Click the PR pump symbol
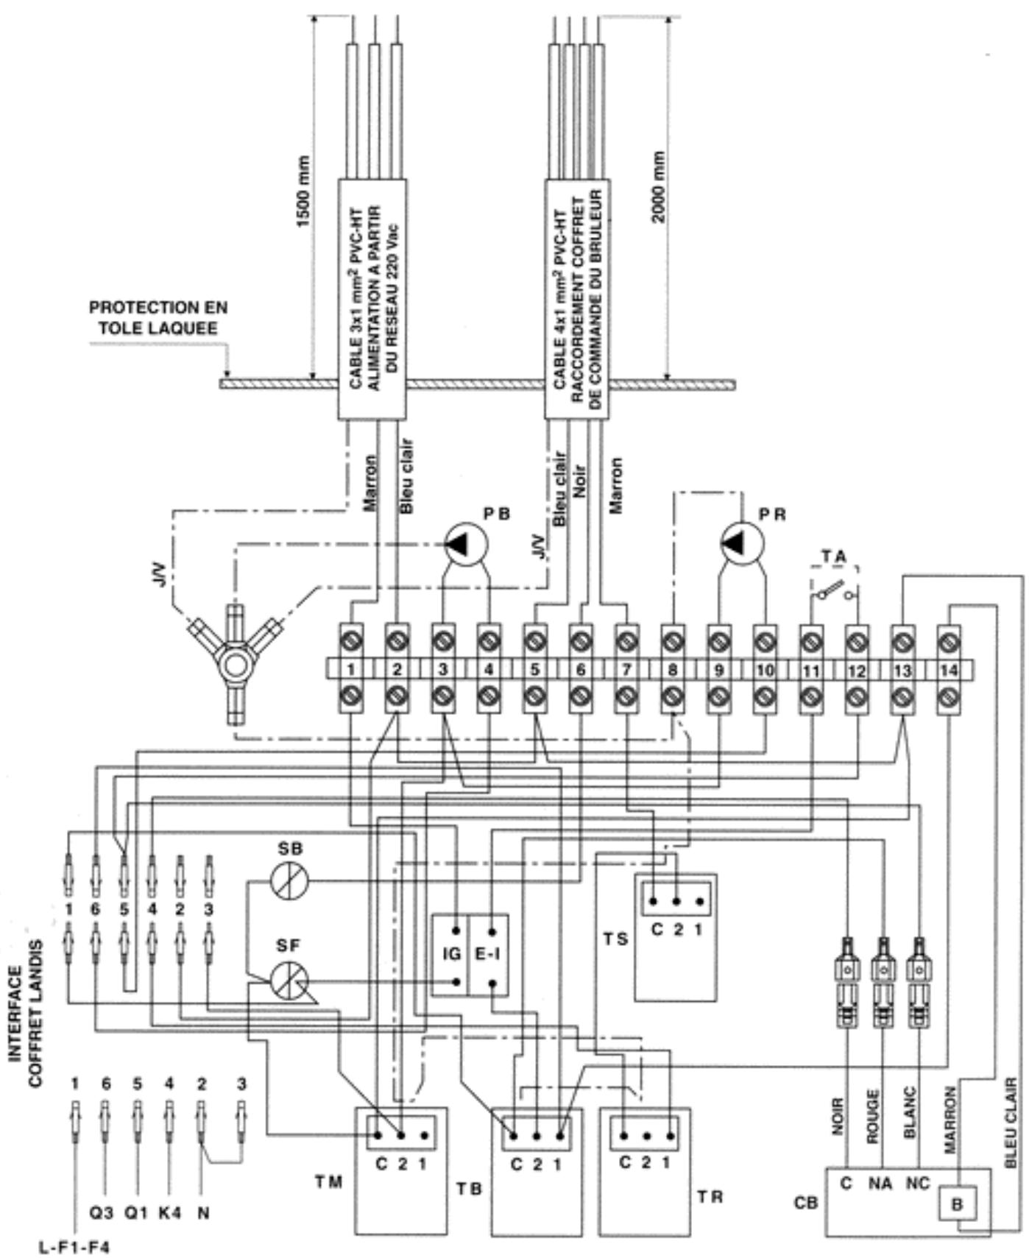pyautogui.click(x=743, y=543)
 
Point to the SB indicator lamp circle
pyautogui.click(x=289, y=880)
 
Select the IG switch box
pyautogui.click(x=450, y=955)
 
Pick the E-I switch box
pyautogui.click(x=489, y=955)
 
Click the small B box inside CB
pyautogui.click(x=957, y=1204)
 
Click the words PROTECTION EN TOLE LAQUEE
pyautogui.click(x=158, y=317)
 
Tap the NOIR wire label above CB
pyautogui.click(x=838, y=1117)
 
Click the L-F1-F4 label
pyautogui.click(x=74, y=1247)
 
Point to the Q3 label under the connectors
pyautogui.click(x=102, y=1212)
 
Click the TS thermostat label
pyautogui.click(x=616, y=939)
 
